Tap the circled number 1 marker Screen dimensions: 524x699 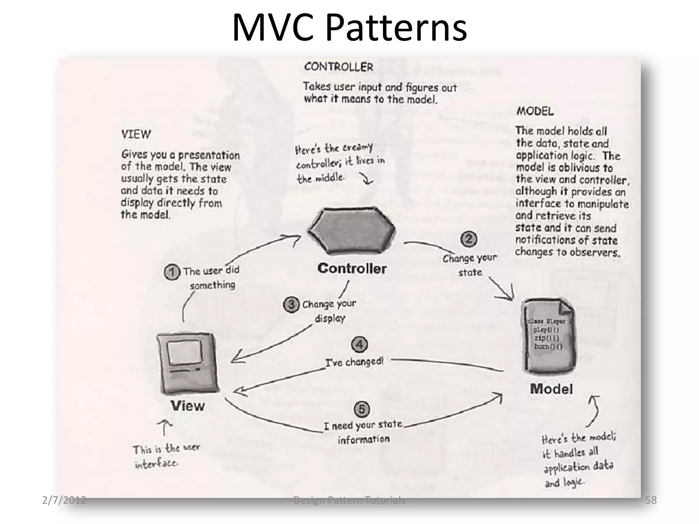[172, 273]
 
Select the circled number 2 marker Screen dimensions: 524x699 [469, 239]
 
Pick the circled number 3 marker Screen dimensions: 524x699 [291, 305]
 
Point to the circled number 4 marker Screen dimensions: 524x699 [359, 345]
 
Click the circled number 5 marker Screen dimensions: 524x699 [362, 409]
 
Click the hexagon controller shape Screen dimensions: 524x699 [352, 230]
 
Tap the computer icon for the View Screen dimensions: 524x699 [188, 363]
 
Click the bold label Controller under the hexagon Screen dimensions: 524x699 [352, 268]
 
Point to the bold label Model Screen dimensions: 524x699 [551, 389]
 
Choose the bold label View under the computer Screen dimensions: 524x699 [188, 406]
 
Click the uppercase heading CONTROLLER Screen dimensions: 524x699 [339, 67]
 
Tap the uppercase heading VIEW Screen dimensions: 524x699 [136, 134]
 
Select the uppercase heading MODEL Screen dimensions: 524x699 [535, 111]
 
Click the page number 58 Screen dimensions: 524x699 [651, 500]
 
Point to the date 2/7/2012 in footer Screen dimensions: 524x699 [64, 500]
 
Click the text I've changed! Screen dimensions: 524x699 [354, 362]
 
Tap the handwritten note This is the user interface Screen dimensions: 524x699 [166, 456]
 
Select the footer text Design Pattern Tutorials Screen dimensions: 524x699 [349, 500]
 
